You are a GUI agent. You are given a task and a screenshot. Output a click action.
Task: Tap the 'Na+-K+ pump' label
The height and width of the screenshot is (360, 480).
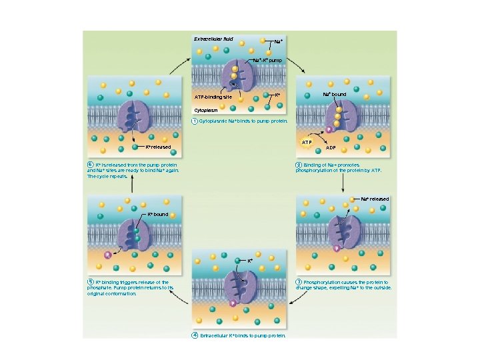[267, 60]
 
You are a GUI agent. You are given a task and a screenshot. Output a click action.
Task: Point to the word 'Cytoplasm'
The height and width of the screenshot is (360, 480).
[205, 109]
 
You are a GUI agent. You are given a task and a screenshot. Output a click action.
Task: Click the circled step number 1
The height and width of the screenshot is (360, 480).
[194, 121]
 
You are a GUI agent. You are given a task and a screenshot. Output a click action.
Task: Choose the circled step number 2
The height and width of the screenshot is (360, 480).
[299, 164]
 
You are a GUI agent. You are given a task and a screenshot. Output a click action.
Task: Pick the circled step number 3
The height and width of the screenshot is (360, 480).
[299, 282]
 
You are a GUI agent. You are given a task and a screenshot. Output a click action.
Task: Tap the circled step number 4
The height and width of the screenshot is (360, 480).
[194, 335]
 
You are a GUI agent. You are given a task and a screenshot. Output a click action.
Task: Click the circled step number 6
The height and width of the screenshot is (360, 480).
[90, 164]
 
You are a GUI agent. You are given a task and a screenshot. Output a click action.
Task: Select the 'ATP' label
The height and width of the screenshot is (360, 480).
[307, 143]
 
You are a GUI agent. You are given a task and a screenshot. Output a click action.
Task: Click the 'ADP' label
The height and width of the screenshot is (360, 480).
[331, 148]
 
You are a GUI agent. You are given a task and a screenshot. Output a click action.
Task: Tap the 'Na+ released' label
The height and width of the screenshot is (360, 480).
[375, 199]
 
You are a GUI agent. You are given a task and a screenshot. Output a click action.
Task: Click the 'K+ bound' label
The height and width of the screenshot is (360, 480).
[157, 215]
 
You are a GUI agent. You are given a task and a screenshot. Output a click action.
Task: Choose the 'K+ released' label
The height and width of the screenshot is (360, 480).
[159, 147]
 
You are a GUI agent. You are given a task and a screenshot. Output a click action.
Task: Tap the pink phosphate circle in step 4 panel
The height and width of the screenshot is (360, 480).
[233, 304]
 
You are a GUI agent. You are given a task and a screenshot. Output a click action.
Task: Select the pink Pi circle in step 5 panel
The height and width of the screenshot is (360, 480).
[107, 255]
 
